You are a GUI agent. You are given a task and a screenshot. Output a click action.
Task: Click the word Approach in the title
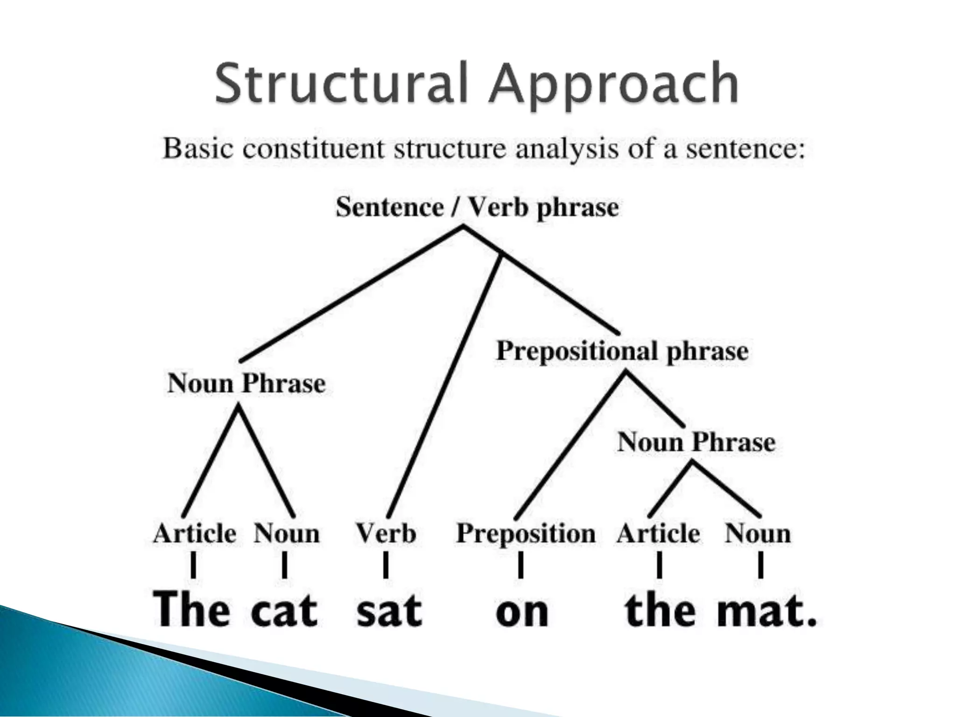pyautogui.click(x=613, y=85)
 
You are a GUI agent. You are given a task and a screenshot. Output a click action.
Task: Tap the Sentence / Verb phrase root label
pyautogui.click(x=477, y=207)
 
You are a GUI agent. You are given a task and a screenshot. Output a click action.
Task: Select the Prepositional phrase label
pyautogui.click(x=622, y=351)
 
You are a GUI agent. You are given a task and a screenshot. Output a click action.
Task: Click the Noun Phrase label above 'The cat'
pyautogui.click(x=246, y=384)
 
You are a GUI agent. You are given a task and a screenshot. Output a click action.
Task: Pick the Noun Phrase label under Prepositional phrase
pyautogui.click(x=696, y=442)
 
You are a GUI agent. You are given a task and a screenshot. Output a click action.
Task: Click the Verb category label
pyautogui.click(x=386, y=534)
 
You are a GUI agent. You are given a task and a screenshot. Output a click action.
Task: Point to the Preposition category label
pyautogui.click(x=526, y=534)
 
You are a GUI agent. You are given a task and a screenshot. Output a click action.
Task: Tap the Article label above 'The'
pyautogui.click(x=194, y=534)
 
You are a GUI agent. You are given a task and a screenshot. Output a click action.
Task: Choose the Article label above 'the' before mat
pyautogui.click(x=658, y=534)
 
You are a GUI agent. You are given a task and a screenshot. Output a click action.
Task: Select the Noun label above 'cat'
pyautogui.click(x=286, y=534)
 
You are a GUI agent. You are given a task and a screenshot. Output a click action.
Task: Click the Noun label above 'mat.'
pyautogui.click(x=758, y=534)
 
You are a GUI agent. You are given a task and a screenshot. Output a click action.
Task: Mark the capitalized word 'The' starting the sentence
pyautogui.click(x=191, y=609)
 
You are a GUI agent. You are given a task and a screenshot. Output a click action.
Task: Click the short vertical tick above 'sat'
pyautogui.click(x=386, y=565)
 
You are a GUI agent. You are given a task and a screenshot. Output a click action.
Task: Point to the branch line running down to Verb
pyautogui.click(x=443, y=387)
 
